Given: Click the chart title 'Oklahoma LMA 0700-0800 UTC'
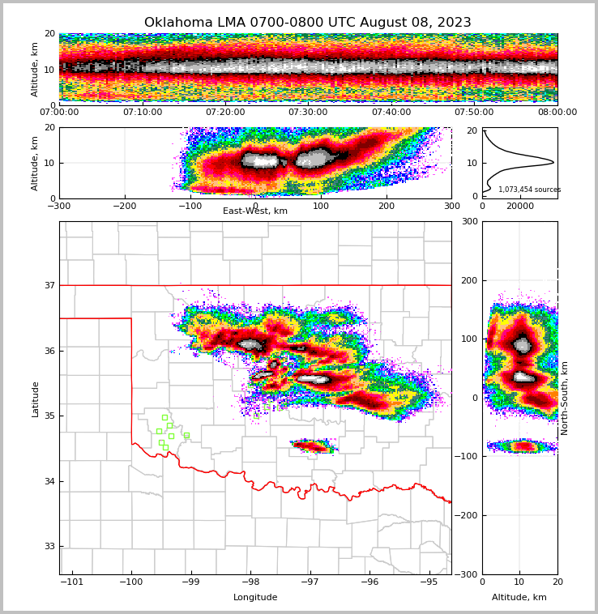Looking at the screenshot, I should click(x=307, y=23).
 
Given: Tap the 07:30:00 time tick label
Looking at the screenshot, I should click(x=308, y=113).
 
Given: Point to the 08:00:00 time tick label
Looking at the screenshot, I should click(x=557, y=113).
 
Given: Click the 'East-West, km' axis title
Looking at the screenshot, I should click(x=255, y=211).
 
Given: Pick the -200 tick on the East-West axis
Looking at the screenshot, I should click(x=124, y=206).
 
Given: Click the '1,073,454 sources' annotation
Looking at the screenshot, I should click(x=529, y=190).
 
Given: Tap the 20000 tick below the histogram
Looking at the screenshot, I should click(x=520, y=206).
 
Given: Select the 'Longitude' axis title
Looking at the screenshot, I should click(x=255, y=598).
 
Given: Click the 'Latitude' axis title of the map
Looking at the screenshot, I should click(x=35, y=399).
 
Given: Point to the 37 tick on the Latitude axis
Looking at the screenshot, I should click(x=49, y=285).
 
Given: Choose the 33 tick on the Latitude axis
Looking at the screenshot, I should click(x=49, y=546).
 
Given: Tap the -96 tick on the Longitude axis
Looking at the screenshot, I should click(x=369, y=582).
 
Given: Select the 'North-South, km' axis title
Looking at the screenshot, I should click(x=565, y=398).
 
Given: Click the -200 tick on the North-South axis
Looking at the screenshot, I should click(x=467, y=515).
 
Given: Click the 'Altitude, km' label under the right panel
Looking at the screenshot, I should click(x=519, y=598).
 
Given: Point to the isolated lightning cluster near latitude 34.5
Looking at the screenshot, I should click(x=314, y=446).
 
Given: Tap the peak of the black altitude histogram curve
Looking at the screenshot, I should click(x=553, y=163).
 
